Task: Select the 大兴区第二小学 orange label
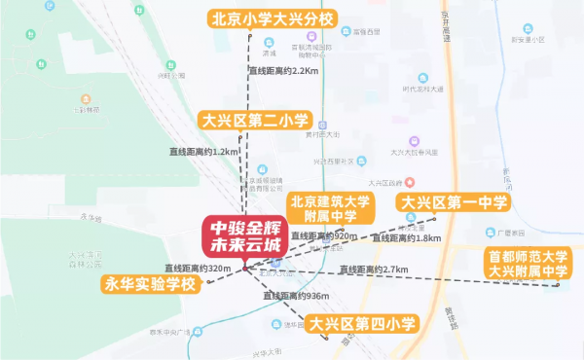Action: coord(254,121)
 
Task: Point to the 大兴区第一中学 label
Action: coord(452,203)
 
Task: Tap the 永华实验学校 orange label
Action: coord(151,284)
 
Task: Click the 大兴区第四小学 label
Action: coord(361,324)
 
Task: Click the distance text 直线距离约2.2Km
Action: coord(283,71)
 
